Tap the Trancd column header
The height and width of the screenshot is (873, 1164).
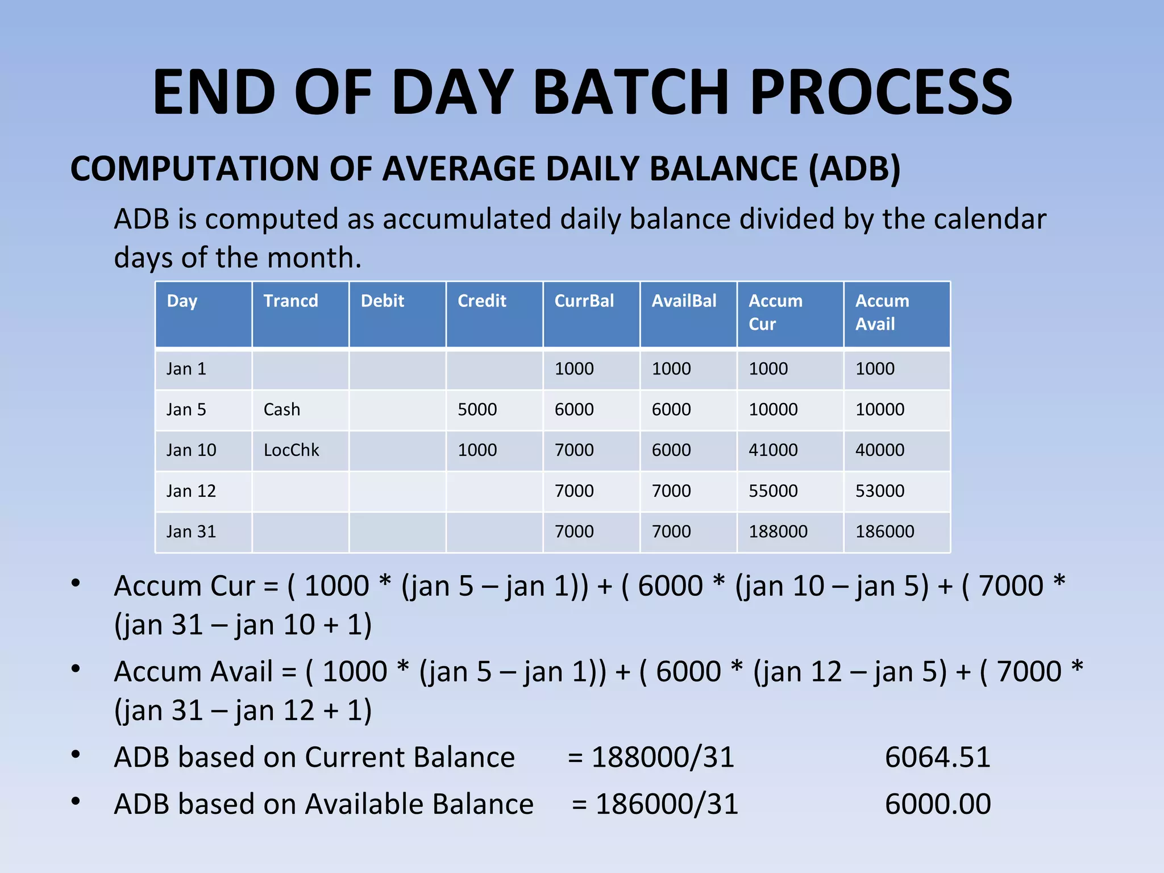290,301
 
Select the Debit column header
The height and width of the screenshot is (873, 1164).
382,301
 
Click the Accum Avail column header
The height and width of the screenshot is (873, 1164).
882,312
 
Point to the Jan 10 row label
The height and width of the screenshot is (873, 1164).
191,450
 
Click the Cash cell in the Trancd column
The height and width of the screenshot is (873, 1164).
281,409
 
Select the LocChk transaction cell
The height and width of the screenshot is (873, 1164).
291,450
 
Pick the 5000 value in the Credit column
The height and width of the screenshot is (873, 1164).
477,409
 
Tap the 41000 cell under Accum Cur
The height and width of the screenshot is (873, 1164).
773,450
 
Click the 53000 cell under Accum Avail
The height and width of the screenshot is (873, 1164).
879,491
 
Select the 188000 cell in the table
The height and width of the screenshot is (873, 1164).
778,531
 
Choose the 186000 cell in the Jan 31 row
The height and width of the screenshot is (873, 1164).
884,531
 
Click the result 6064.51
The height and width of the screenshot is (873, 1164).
937,758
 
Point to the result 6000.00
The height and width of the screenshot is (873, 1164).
937,804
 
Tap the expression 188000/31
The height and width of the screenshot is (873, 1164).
663,758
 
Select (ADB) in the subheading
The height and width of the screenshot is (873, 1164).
854,169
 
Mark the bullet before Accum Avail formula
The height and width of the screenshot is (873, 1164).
76,669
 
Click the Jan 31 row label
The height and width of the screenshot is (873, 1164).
191,531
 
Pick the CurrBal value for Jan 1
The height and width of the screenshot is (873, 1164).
573,369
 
